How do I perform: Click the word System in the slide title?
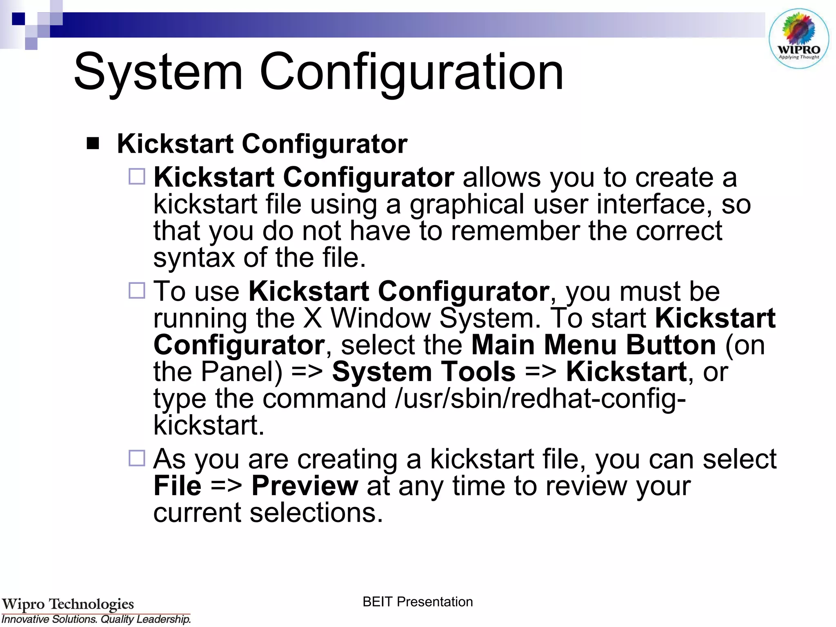[x=158, y=72]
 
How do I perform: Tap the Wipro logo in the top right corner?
[x=798, y=39]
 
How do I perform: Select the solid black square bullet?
[x=93, y=143]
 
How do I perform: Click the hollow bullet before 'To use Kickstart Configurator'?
[x=137, y=291]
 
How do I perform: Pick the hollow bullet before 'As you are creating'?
[x=137, y=458]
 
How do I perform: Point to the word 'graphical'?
[x=467, y=204]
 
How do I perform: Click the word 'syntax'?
[x=194, y=258]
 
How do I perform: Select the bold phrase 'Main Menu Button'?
[x=594, y=345]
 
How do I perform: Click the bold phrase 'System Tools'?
[x=424, y=372]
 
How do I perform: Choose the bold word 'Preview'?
[x=305, y=486]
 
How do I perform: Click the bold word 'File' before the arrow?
[x=178, y=486]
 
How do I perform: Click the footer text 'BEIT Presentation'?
[x=418, y=602]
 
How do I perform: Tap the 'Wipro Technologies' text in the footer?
[x=68, y=604]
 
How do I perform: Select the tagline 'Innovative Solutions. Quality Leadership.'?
[x=96, y=619]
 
